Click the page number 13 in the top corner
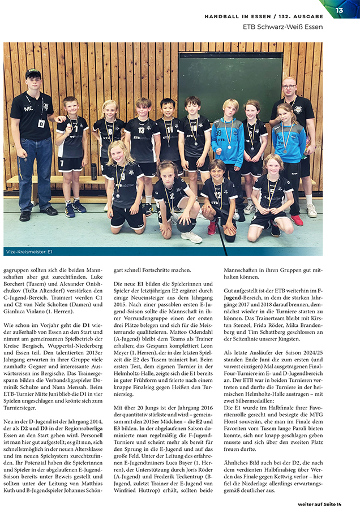click(340, 10)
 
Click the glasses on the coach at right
click(289, 88)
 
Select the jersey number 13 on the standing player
click(142, 130)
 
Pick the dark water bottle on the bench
click(93, 171)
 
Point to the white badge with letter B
click(41, 123)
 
